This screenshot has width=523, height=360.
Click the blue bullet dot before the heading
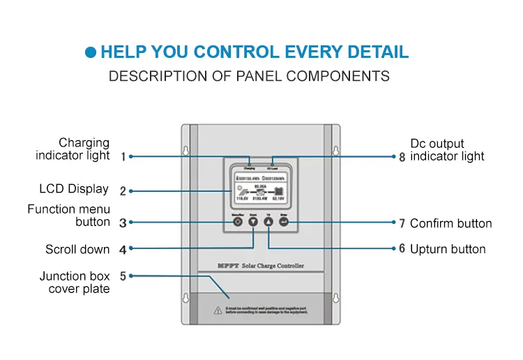point(91,52)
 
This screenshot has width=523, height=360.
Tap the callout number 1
point(123,157)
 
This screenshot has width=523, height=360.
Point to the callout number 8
point(402,157)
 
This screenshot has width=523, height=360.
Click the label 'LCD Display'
point(74,189)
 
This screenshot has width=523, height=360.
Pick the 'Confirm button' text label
point(450,224)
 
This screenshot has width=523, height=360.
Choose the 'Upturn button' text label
point(448,249)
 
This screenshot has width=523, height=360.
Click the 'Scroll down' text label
point(77,249)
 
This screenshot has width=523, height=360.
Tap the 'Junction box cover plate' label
point(75,283)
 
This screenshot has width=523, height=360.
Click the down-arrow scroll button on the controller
point(252,222)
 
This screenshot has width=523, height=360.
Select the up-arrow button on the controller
point(268,222)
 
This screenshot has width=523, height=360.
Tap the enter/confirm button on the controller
point(284,222)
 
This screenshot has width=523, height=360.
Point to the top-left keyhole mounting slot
point(185,151)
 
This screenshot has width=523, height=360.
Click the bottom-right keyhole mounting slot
point(335,298)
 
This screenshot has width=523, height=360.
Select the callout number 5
point(123,276)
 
